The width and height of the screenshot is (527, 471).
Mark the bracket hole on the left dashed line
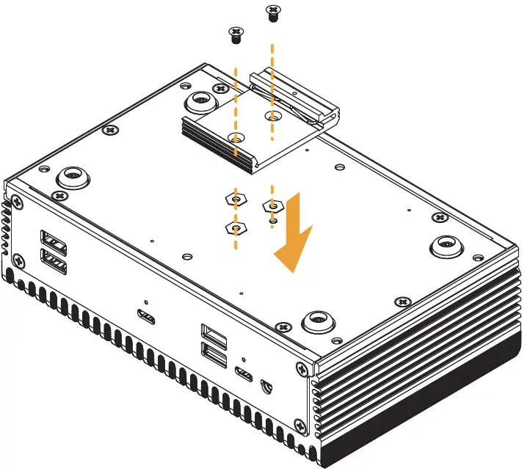coord(235,137)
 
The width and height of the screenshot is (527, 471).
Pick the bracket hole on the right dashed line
coord(272,115)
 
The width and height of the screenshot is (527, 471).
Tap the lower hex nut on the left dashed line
coord(235,229)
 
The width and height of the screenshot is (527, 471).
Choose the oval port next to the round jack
coord(244,377)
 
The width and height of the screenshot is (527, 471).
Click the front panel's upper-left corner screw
coord(16,202)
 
